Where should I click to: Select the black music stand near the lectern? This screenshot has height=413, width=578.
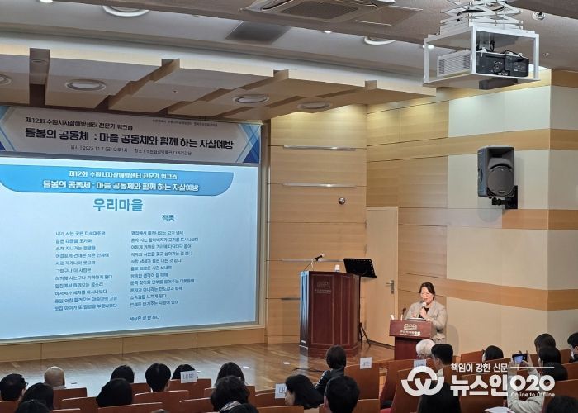click(x=359, y=268)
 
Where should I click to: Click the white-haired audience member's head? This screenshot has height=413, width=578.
click(x=424, y=348)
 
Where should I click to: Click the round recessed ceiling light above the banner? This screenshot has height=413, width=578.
click(x=86, y=85)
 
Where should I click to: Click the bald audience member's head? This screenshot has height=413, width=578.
click(x=54, y=377)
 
